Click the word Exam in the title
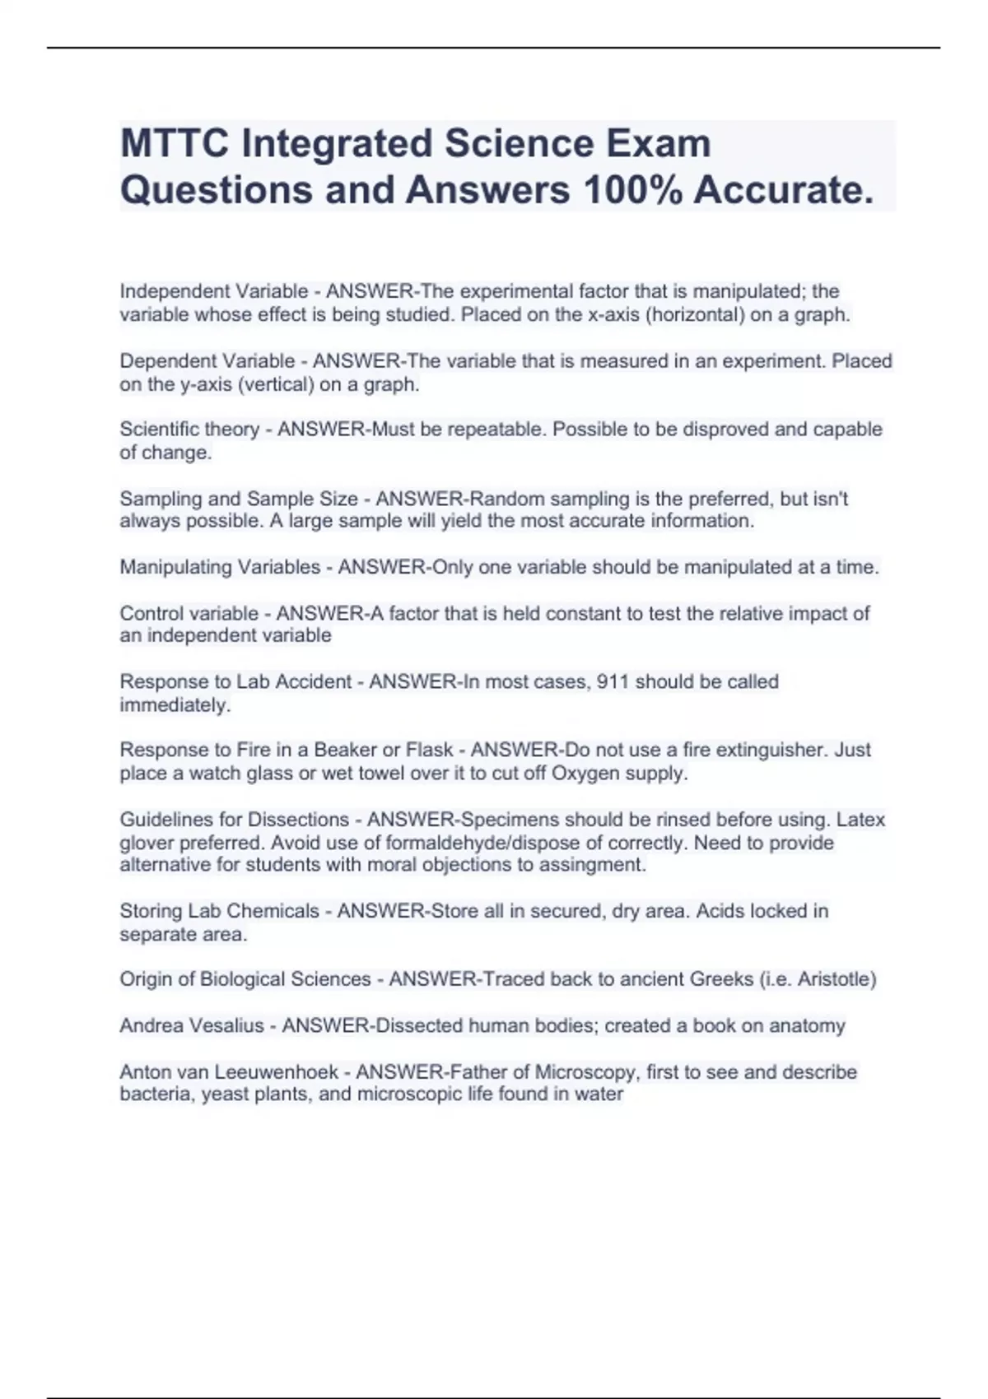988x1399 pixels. [659, 144]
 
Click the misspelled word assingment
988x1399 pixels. [595, 865]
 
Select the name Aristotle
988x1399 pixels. [833, 979]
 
